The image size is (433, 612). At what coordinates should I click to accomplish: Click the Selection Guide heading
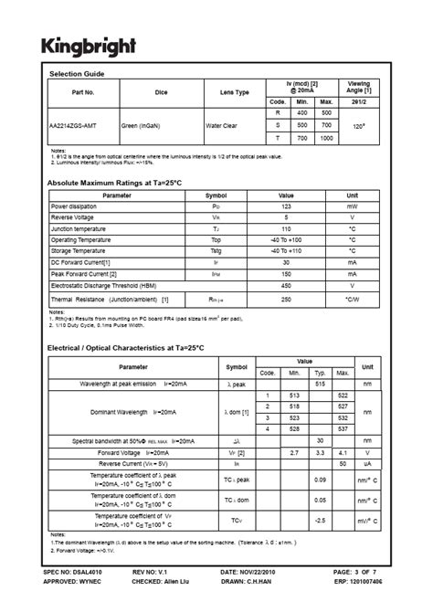click(x=77, y=73)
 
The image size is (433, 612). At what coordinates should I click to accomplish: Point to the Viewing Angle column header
click(x=359, y=87)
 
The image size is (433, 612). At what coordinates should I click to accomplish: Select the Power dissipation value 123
click(x=286, y=207)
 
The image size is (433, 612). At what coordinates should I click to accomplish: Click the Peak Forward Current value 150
click(x=286, y=272)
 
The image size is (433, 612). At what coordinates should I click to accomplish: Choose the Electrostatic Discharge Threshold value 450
click(x=286, y=283)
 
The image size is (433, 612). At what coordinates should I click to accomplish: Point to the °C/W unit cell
click(x=352, y=298)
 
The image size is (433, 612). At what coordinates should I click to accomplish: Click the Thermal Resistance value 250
click(x=286, y=298)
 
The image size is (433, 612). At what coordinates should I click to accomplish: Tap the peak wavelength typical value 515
click(x=321, y=384)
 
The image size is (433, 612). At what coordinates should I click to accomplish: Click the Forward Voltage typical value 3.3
click(x=321, y=452)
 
